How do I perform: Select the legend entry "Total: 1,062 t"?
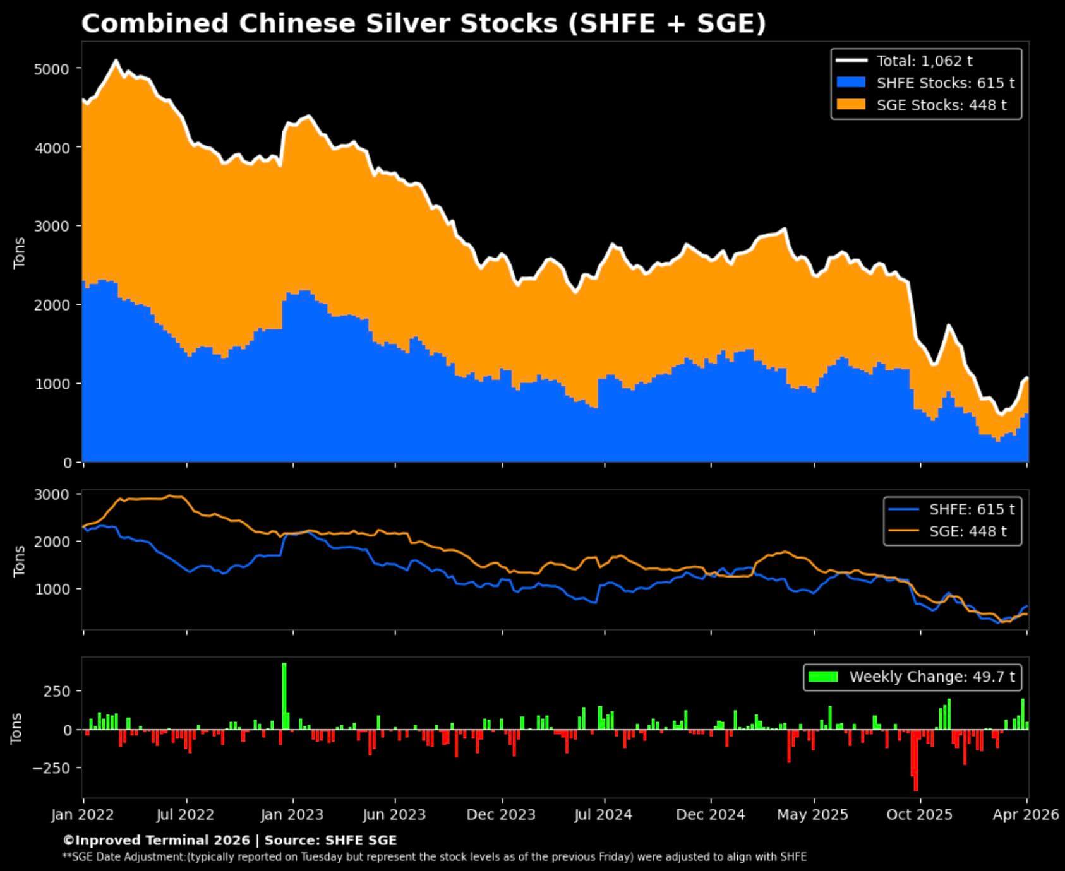coord(924,61)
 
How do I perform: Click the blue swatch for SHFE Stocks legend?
coord(850,83)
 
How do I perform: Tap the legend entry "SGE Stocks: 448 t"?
coord(941,105)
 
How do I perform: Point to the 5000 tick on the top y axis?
coord(52,68)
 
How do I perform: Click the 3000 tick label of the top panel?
coord(52,226)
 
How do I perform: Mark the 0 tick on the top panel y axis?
coord(68,463)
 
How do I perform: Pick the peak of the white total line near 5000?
coord(116,61)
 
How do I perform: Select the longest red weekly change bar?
coord(915,761)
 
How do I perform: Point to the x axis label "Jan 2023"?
coord(292,815)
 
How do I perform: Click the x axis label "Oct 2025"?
coord(919,815)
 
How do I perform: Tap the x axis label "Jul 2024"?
coord(603,815)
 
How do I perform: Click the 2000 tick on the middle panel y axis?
coord(52,542)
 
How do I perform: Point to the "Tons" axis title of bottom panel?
coord(17,728)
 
